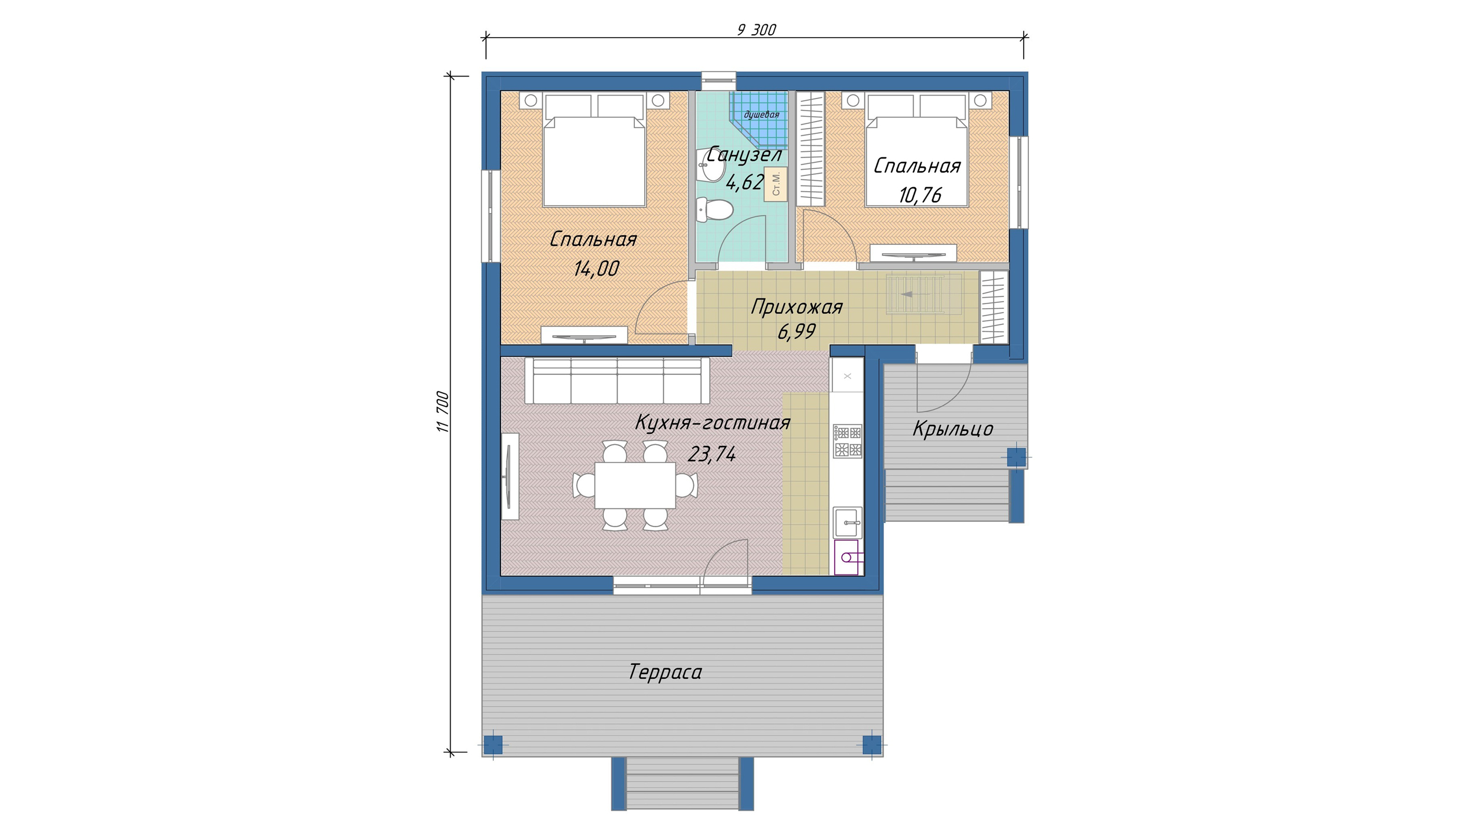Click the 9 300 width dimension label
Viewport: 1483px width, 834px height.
click(756, 30)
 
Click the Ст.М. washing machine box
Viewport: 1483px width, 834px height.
click(776, 184)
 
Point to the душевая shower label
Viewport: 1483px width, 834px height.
click(761, 115)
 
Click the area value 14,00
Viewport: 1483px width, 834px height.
click(596, 268)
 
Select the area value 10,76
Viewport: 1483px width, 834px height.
click(920, 195)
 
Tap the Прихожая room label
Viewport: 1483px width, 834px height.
click(797, 307)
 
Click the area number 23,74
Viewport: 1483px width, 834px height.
click(712, 454)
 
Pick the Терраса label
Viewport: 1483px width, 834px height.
click(665, 672)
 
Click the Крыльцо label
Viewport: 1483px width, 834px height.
click(953, 429)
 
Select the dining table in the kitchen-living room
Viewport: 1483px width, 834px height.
click(635, 485)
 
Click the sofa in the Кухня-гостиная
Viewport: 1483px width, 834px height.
click(617, 380)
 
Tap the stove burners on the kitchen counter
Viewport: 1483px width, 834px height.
click(848, 441)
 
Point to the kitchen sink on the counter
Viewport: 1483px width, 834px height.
click(848, 522)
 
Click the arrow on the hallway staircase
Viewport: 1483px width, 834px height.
click(915, 294)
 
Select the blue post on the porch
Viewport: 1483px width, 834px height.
click(1016, 457)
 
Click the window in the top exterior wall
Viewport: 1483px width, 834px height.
click(719, 81)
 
